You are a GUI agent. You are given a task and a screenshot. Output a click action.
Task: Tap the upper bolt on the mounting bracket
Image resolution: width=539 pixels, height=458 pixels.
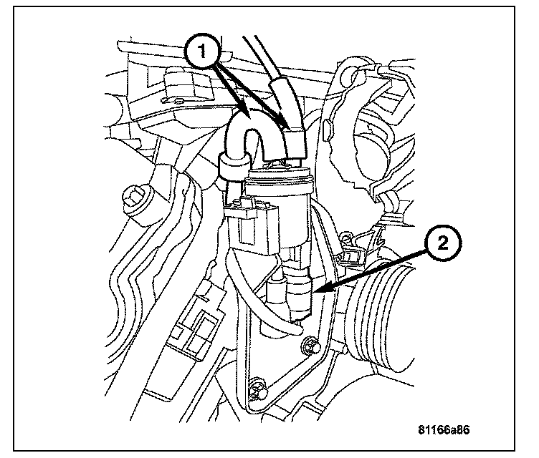(x=310, y=346)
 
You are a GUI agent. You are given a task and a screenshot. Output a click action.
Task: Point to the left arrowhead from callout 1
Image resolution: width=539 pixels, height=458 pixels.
(x=246, y=114)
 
